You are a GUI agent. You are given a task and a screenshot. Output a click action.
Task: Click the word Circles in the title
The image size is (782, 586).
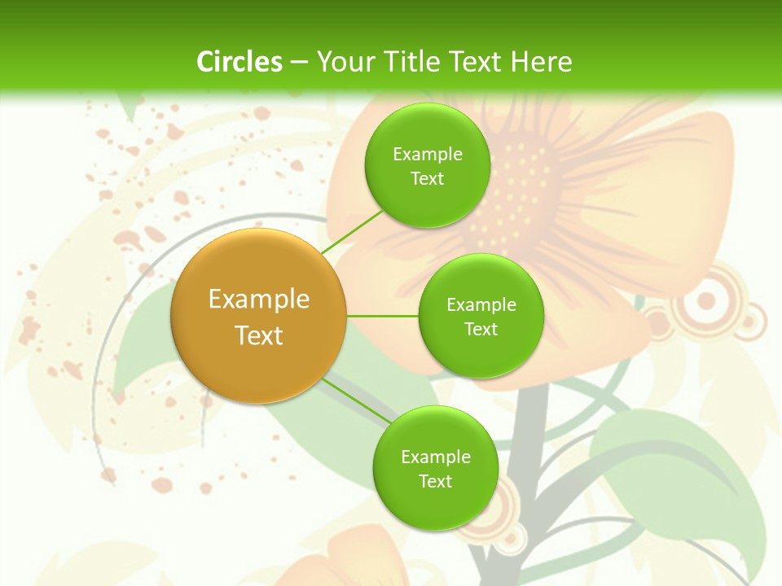click(x=239, y=62)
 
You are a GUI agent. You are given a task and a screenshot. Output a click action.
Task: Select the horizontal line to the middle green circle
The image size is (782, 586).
click(x=382, y=316)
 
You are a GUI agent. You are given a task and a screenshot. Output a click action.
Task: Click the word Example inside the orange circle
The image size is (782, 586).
click(x=259, y=300)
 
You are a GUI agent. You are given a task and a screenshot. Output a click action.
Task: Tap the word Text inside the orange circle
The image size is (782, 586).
click(x=259, y=335)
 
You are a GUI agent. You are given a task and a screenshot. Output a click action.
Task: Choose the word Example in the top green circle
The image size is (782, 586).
click(x=427, y=155)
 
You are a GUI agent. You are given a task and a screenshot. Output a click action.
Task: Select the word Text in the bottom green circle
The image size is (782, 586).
click(x=435, y=481)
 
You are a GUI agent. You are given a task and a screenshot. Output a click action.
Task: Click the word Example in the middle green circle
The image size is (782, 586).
click(x=481, y=305)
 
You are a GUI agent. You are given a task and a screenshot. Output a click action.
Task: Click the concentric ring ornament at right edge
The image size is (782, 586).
click(x=706, y=303)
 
